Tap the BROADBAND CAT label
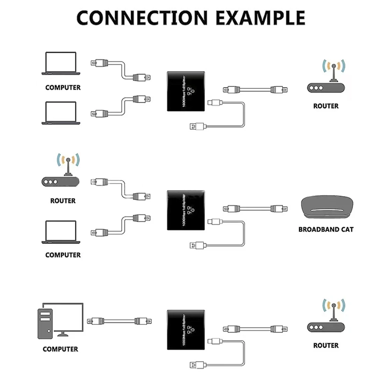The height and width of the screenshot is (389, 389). [326, 230]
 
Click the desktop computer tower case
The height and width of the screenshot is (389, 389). [45, 322]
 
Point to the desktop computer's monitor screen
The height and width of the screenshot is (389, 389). [66, 316]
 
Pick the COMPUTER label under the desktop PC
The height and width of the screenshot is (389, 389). [60, 349]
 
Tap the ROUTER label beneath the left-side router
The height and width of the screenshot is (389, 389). [63, 201]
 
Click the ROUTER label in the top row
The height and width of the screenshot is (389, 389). [326, 106]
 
